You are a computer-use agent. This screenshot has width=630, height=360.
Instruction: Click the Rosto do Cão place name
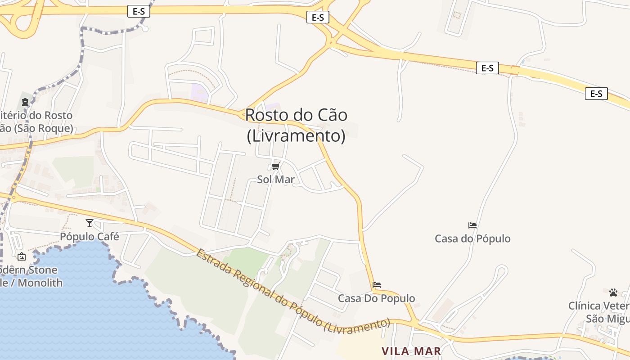tap(296, 115)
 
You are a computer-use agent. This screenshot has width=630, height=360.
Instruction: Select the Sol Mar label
tap(276, 180)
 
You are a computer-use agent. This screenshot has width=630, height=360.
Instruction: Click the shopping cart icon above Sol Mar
tap(276, 166)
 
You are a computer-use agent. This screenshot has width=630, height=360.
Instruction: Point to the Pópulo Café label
tap(90, 237)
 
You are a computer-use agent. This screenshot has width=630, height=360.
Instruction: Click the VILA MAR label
tap(411, 351)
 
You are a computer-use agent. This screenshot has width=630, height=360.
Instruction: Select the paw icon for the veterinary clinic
tap(613, 292)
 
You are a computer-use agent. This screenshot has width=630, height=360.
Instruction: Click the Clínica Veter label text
tap(598, 306)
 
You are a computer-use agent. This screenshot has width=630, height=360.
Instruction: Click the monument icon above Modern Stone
tap(21, 257)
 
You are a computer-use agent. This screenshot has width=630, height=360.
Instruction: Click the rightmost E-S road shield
tap(596, 94)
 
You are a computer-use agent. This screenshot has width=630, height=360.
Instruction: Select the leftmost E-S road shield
tap(139, 12)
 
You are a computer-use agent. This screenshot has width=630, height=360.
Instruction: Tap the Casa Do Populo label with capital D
tap(377, 298)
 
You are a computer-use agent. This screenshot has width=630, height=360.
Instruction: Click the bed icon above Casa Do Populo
tap(377, 285)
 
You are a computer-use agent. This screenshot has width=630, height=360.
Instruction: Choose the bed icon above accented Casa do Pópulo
tap(472, 225)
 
